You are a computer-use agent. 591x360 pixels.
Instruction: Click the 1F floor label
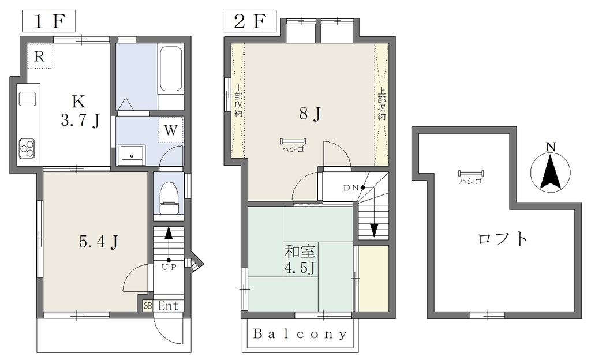(x=49, y=21)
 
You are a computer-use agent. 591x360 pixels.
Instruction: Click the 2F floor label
(x=249, y=21)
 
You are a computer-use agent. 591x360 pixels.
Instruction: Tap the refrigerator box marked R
(x=39, y=56)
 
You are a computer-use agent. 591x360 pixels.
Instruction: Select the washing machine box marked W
(x=171, y=130)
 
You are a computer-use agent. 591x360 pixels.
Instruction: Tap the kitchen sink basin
(x=28, y=99)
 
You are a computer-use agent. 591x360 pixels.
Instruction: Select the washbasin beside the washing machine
(x=132, y=155)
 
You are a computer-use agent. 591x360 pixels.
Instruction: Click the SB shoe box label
(x=148, y=306)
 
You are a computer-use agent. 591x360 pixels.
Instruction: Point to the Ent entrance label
(x=168, y=306)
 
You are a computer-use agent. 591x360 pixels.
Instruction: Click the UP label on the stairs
(x=169, y=267)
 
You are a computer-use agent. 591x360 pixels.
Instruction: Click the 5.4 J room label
(x=99, y=242)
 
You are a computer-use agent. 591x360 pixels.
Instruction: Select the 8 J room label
(x=310, y=113)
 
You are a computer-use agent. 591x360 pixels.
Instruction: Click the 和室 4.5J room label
(x=300, y=259)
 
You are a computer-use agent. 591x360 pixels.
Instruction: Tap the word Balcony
(x=300, y=334)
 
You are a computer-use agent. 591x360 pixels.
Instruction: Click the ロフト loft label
(x=503, y=238)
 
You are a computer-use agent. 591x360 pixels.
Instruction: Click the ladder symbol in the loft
(x=471, y=174)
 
